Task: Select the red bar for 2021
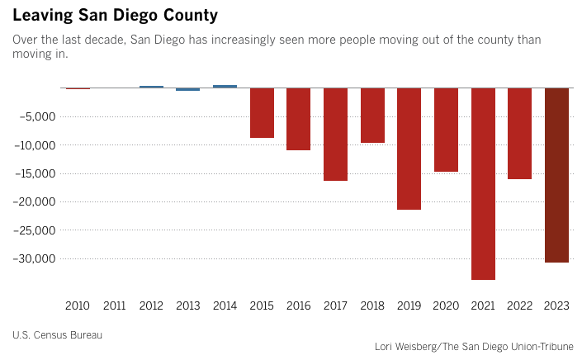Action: click(x=483, y=183)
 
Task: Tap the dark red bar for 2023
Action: click(x=556, y=175)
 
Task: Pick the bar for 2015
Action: click(x=263, y=113)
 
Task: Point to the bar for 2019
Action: click(x=409, y=149)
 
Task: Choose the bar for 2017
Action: click(x=335, y=135)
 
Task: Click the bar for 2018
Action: click(x=372, y=116)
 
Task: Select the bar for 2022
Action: click(x=519, y=134)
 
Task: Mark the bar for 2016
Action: click(x=299, y=120)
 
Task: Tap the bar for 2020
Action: click(x=446, y=130)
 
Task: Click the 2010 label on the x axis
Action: click(x=78, y=306)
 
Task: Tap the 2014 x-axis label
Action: click(x=225, y=306)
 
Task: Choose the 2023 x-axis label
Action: click(x=556, y=306)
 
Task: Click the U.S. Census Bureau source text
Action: click(x=57, y=334)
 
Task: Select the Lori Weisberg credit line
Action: click(x=473, y=347)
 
